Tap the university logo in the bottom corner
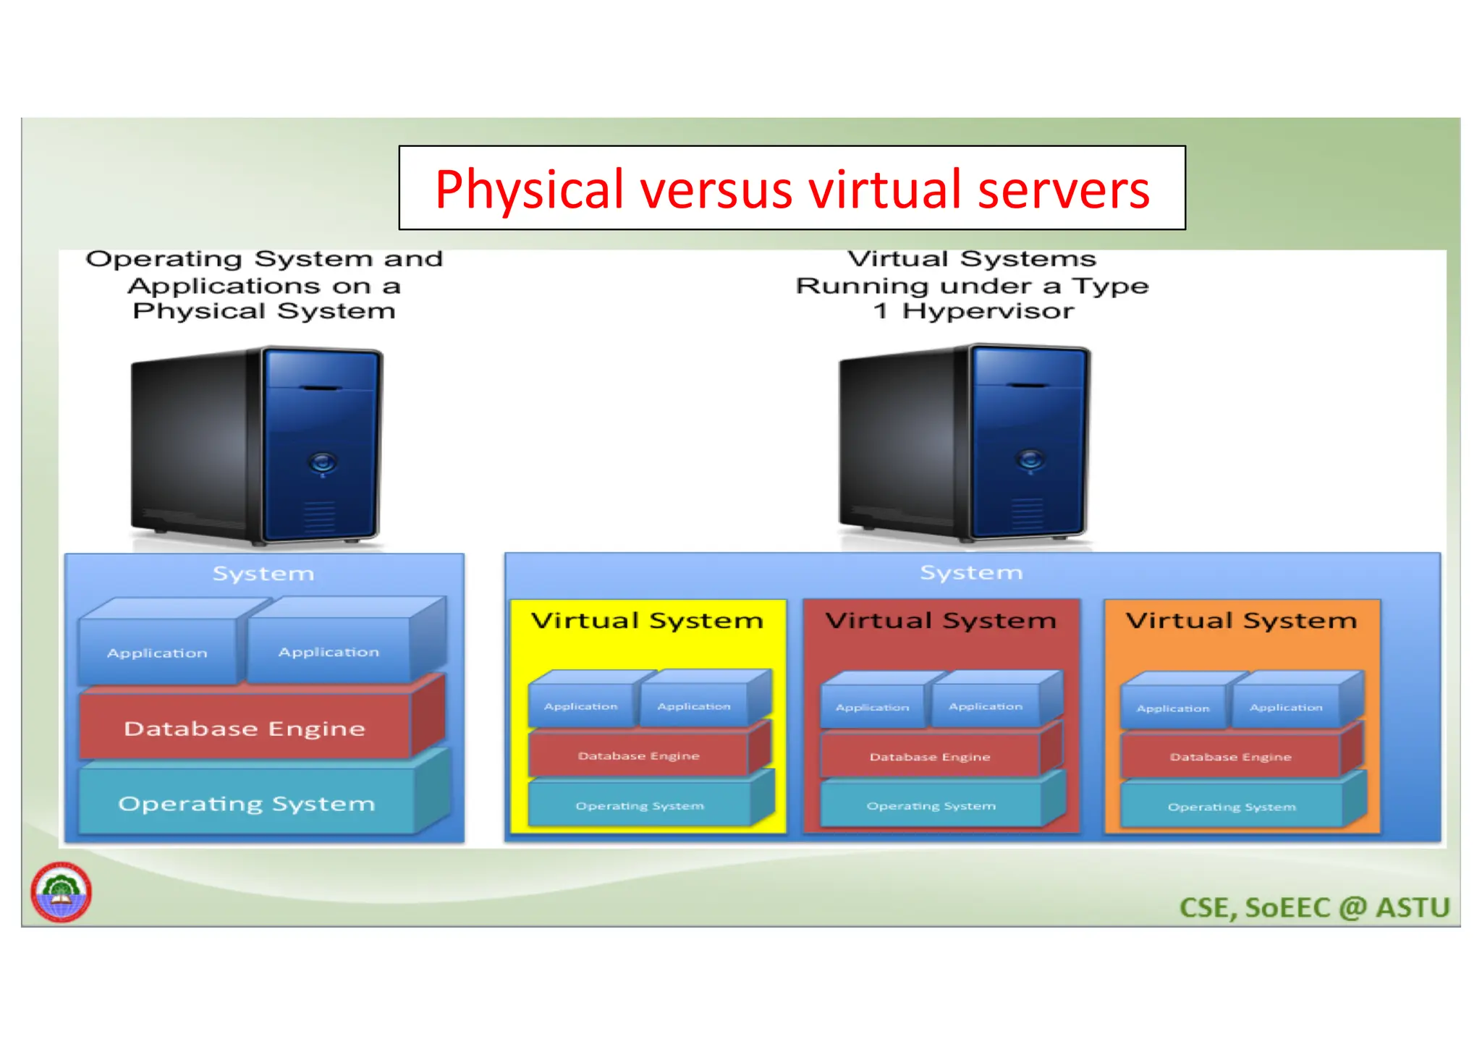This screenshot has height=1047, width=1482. pyautogui.click(x=62, y=892)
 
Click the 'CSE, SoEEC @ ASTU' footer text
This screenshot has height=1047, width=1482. pyautogui.click(x=1314, y=907)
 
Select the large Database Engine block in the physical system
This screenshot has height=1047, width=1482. pyautogui.click(x=245, y=728)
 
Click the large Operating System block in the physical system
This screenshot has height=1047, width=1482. pyautogui.click(x=247, y=803)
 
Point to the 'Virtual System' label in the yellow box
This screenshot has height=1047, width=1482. pyautogui.click(x=647, y=621)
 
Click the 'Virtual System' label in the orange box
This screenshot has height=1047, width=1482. pyautogui.click(x=1241, y=621)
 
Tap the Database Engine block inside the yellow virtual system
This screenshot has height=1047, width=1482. pyautogui.click(x=638, y=755)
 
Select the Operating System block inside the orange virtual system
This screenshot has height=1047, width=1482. pyautogui.click(x=1231, y=806)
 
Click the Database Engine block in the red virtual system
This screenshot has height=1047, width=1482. pyautogui.click(x=930, y=757)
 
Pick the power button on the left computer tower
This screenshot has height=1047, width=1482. pyautogui.click(x=323, y=461)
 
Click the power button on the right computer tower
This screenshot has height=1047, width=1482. pyautogui.click(x=1030, y=459)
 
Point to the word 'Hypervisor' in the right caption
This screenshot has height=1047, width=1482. pyautogui.click(x=988, y=311)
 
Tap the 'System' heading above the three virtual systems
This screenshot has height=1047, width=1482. pyautogui.click(x=971, y=572)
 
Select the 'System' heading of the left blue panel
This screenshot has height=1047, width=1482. pyautogui.click(x=263, y=574)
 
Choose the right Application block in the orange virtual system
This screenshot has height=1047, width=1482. pyautogui.click(x=1286, y=707)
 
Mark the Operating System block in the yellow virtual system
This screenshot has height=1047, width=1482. pyautogui.click(x=639, y=805)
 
